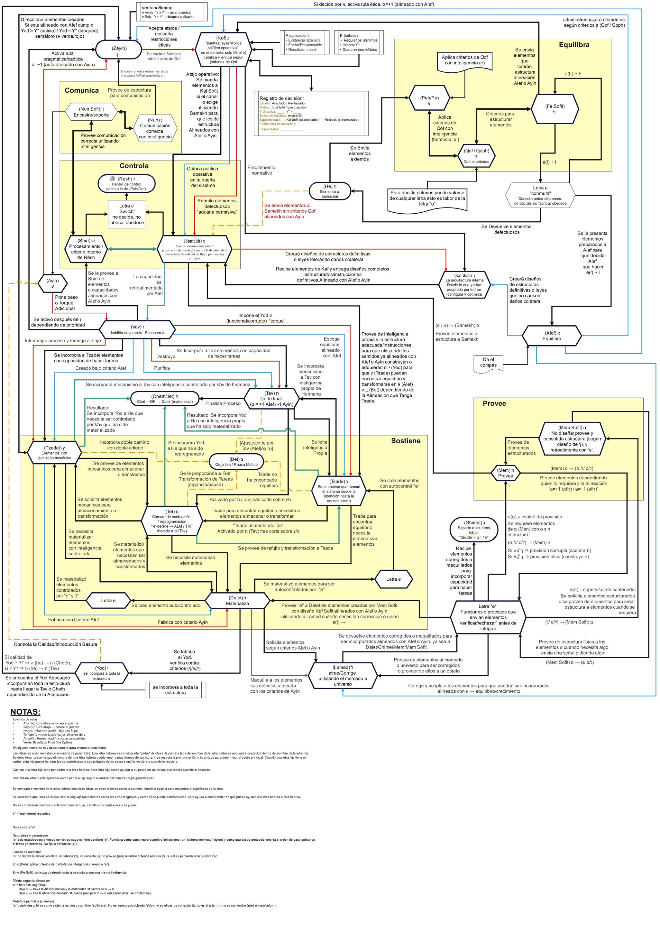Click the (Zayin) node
[118, 50]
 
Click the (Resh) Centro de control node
[127, 184]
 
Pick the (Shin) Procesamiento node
[86, 249]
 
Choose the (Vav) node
[137, 330]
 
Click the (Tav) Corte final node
[271, 399]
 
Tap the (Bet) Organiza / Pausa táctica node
[236, 462]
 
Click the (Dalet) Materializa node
[237, 600]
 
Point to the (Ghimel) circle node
[473, 530]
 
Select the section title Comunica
[82, 91]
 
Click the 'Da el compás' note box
[489, 363]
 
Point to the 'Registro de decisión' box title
[281, 98]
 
